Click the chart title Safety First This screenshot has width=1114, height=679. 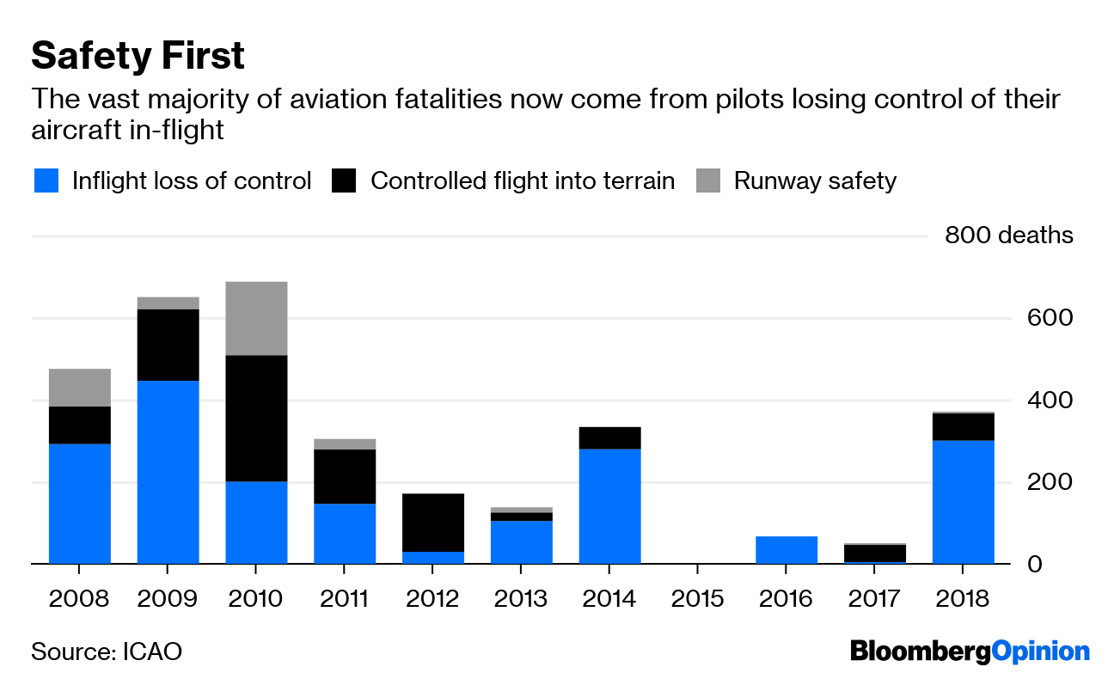[138, 56]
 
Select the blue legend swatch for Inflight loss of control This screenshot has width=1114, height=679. [46, 180]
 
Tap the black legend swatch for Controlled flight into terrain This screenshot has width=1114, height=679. [344, 180]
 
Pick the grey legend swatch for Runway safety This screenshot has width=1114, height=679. [707, 180]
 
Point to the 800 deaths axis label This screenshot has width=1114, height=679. [1008, 235]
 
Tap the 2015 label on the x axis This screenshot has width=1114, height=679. [697, 597]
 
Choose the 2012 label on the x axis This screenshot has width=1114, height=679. [432, 597]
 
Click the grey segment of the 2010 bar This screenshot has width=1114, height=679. [256, 318]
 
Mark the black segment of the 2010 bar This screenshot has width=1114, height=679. [256, 418]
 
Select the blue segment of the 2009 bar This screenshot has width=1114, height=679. [168, 472]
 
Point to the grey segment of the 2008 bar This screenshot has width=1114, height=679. [80, 388]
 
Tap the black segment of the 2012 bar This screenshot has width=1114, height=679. [432, 523]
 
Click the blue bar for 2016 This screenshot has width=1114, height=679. [786, 550]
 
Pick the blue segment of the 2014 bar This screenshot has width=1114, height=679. [609, 506]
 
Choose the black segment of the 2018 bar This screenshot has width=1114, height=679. [963, 427]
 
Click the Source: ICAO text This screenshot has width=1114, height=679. [107, 651]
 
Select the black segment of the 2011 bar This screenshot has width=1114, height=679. [344, 476]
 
